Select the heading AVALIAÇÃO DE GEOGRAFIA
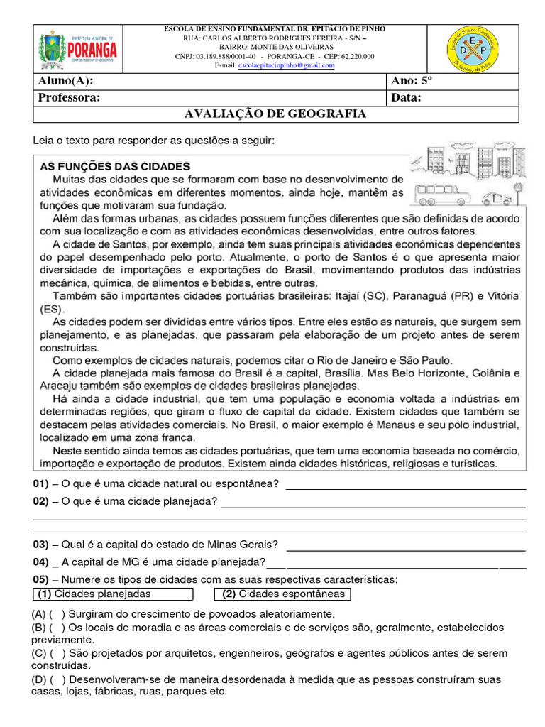click(x=275, y=114)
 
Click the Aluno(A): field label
click(x=65, y=81)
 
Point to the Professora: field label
click(x=69, y=97)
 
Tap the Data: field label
click(x=406, y=97)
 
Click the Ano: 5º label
click(x=412, y=81)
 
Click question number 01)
click(x=40, y=484)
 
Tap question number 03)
click(x=40, y=545)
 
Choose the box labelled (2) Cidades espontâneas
click(x=282, y=594)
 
